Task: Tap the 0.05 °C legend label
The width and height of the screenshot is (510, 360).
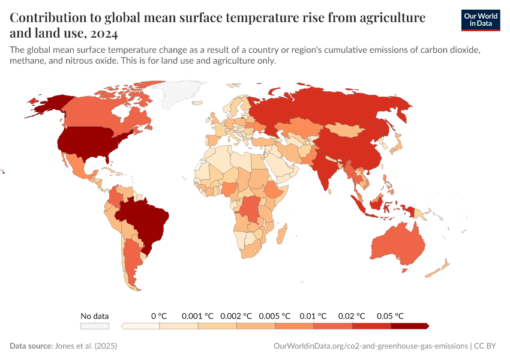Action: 390,316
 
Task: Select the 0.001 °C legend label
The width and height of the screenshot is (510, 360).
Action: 197,316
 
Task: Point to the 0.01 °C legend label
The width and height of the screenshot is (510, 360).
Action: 313,316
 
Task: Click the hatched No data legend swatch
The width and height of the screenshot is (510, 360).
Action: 95,326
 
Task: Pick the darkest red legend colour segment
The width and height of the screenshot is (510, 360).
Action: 410,326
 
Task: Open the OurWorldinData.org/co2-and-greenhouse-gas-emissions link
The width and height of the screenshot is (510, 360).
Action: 370,346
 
